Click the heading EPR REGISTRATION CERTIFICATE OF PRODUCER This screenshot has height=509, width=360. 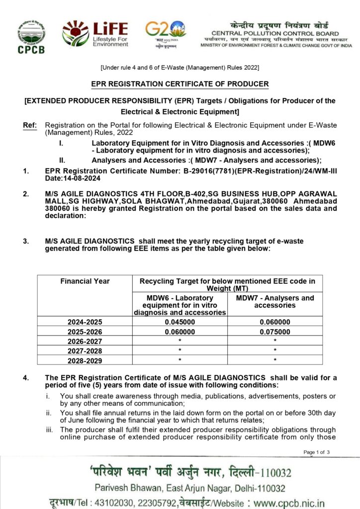pos(180,84)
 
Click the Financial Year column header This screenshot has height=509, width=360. pos(85,281)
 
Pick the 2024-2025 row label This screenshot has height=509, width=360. pos(85,322)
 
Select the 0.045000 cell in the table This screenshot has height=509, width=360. pos(180,322)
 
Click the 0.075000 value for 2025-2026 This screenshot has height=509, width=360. pos(275,331)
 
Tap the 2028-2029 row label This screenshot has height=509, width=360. pos(85,359)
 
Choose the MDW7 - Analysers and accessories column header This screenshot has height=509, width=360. pos(275,302)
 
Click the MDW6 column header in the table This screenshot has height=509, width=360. pos(180,305)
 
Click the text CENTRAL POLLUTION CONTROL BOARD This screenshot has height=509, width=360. pos(275,33)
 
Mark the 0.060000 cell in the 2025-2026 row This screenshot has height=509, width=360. pos(180,331)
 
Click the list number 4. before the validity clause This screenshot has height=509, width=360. pos(26,378)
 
